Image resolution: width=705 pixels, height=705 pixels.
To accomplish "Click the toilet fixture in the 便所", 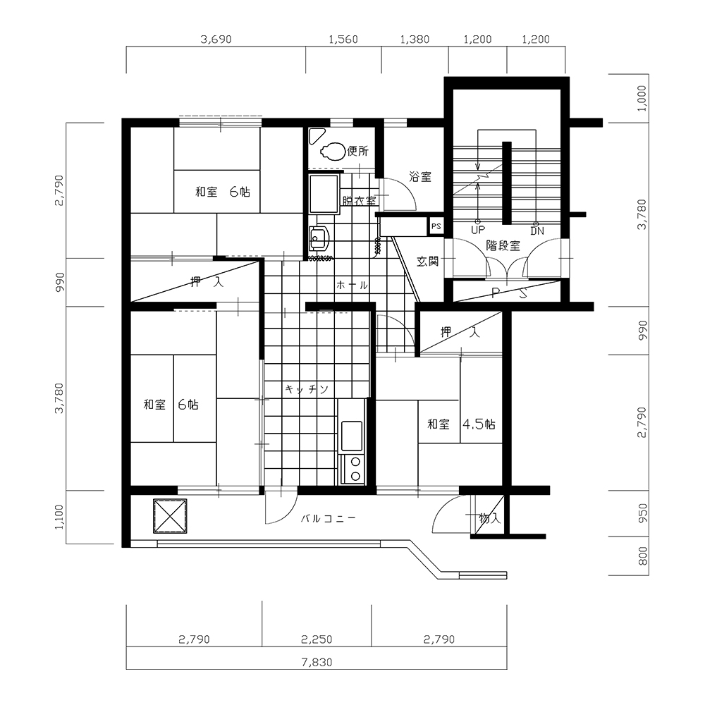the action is (x=332, y=152).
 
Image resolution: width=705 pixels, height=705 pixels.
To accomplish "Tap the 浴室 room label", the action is (x=420, y=177).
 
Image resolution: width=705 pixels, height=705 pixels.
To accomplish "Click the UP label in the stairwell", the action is (x=478, y=230).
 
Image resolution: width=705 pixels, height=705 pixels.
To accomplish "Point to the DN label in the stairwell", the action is (x=537, y=231).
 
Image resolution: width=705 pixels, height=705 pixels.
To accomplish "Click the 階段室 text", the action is (x=503, y=246).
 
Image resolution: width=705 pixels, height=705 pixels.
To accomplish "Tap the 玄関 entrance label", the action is (x=427, y=261).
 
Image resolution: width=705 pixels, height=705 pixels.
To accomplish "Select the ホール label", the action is (x=352, y=285).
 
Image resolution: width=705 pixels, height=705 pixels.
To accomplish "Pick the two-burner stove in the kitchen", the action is (x=352, y=469).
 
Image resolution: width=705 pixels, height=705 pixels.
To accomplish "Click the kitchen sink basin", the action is (x=352, y=436).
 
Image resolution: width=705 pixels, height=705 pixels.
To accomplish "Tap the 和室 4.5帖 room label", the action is (x=461, y=424).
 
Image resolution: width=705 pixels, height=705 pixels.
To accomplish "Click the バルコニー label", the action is (x=329, y=519).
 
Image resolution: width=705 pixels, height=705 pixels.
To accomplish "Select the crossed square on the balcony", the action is (x=170, y=516).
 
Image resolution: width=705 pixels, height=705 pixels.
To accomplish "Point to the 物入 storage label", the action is (x=489, y=518).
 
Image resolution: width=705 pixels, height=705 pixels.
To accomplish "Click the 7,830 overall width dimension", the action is (x=317, y=662).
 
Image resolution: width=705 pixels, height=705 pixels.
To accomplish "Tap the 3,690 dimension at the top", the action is (x=216, y=39).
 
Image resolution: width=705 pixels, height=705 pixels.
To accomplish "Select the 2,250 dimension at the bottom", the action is (x=317, y=639).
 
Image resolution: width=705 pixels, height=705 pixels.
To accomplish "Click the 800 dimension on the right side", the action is (x=643, y=556).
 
